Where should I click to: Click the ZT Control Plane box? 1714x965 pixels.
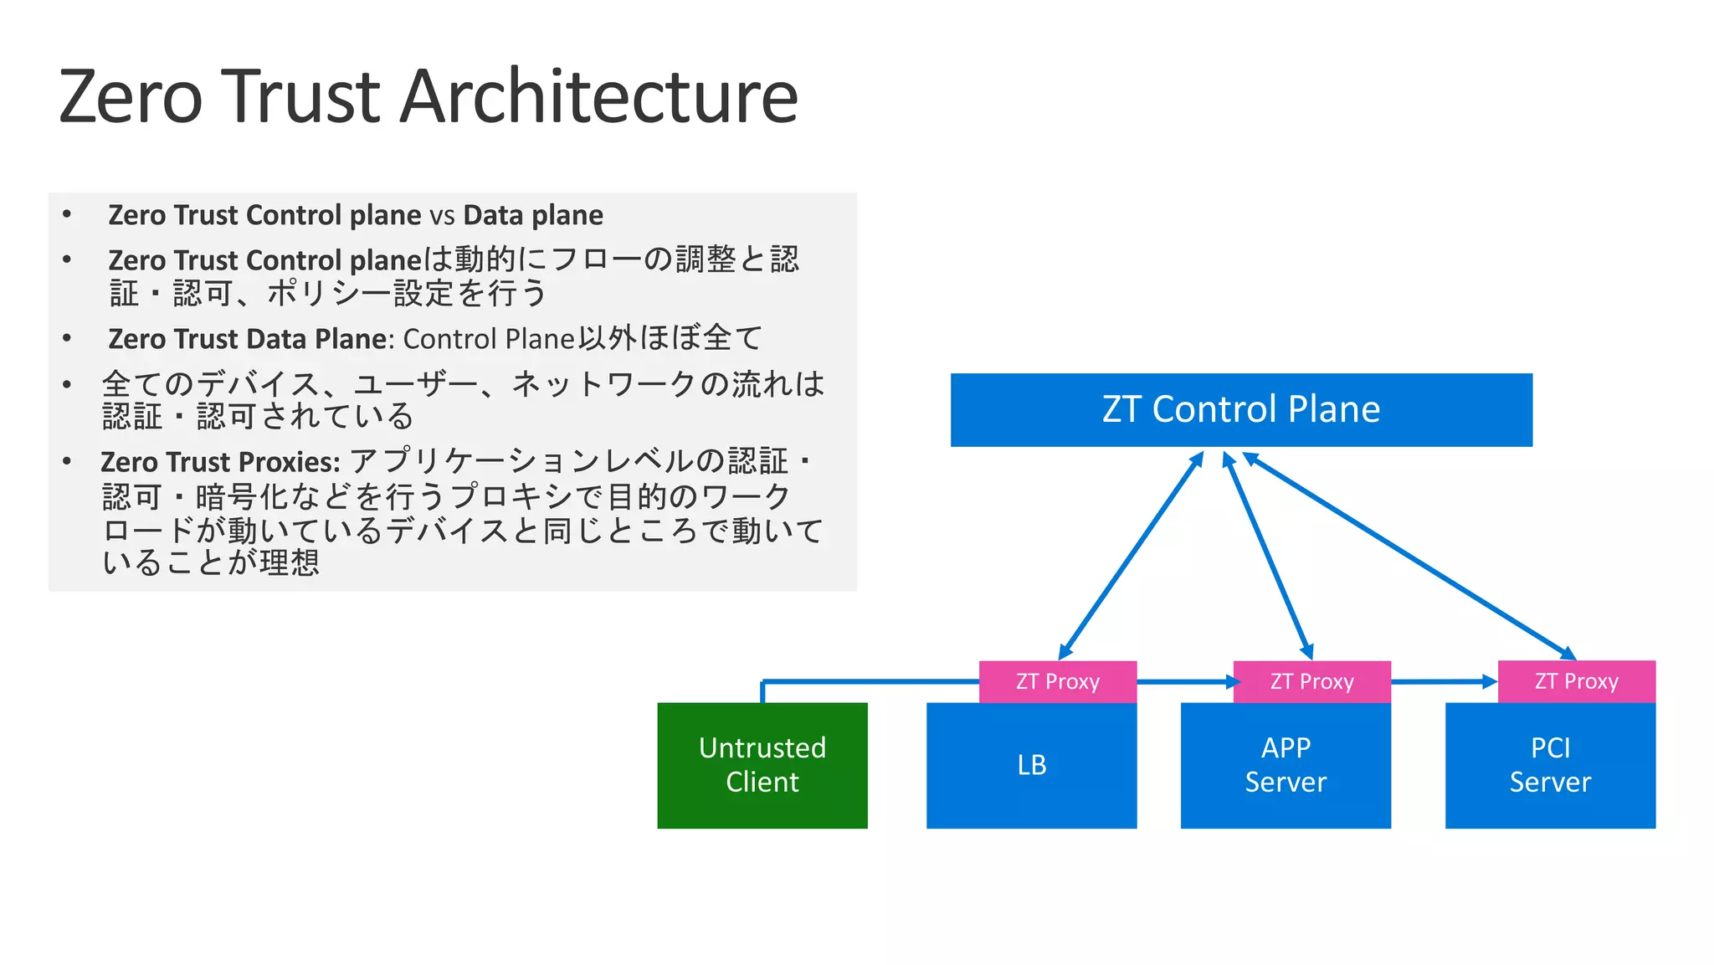[x=1241, y=409]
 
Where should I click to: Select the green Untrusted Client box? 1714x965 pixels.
[x=762, y=765]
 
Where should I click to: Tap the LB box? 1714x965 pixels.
[x=1031, y=765]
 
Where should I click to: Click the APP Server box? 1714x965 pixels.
[x=1285, y=765]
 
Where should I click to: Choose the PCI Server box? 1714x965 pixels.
[x=1550, y=765]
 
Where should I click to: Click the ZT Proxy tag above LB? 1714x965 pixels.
[x=1057, y=681]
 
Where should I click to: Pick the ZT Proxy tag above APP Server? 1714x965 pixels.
[x=1311, y=681]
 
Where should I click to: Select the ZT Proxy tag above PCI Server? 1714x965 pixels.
[x=1576, y=681]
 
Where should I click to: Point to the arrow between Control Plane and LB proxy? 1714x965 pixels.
[x=1131, y=556]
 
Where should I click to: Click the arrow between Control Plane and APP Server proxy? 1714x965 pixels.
[x=1268, y=556]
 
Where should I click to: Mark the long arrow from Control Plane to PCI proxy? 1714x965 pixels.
[x=1409, y=556]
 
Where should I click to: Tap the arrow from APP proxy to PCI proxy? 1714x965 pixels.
[x=1444, y=681]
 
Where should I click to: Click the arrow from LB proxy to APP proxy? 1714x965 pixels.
[x=1184, y=681]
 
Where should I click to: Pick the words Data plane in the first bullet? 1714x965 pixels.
[x=533, y=215]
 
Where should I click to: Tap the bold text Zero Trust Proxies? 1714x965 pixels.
[x=220, y=462]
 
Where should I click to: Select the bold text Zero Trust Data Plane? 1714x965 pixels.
[x=248, y=339]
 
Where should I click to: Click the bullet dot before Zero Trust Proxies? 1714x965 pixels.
[x=67, y=461]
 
